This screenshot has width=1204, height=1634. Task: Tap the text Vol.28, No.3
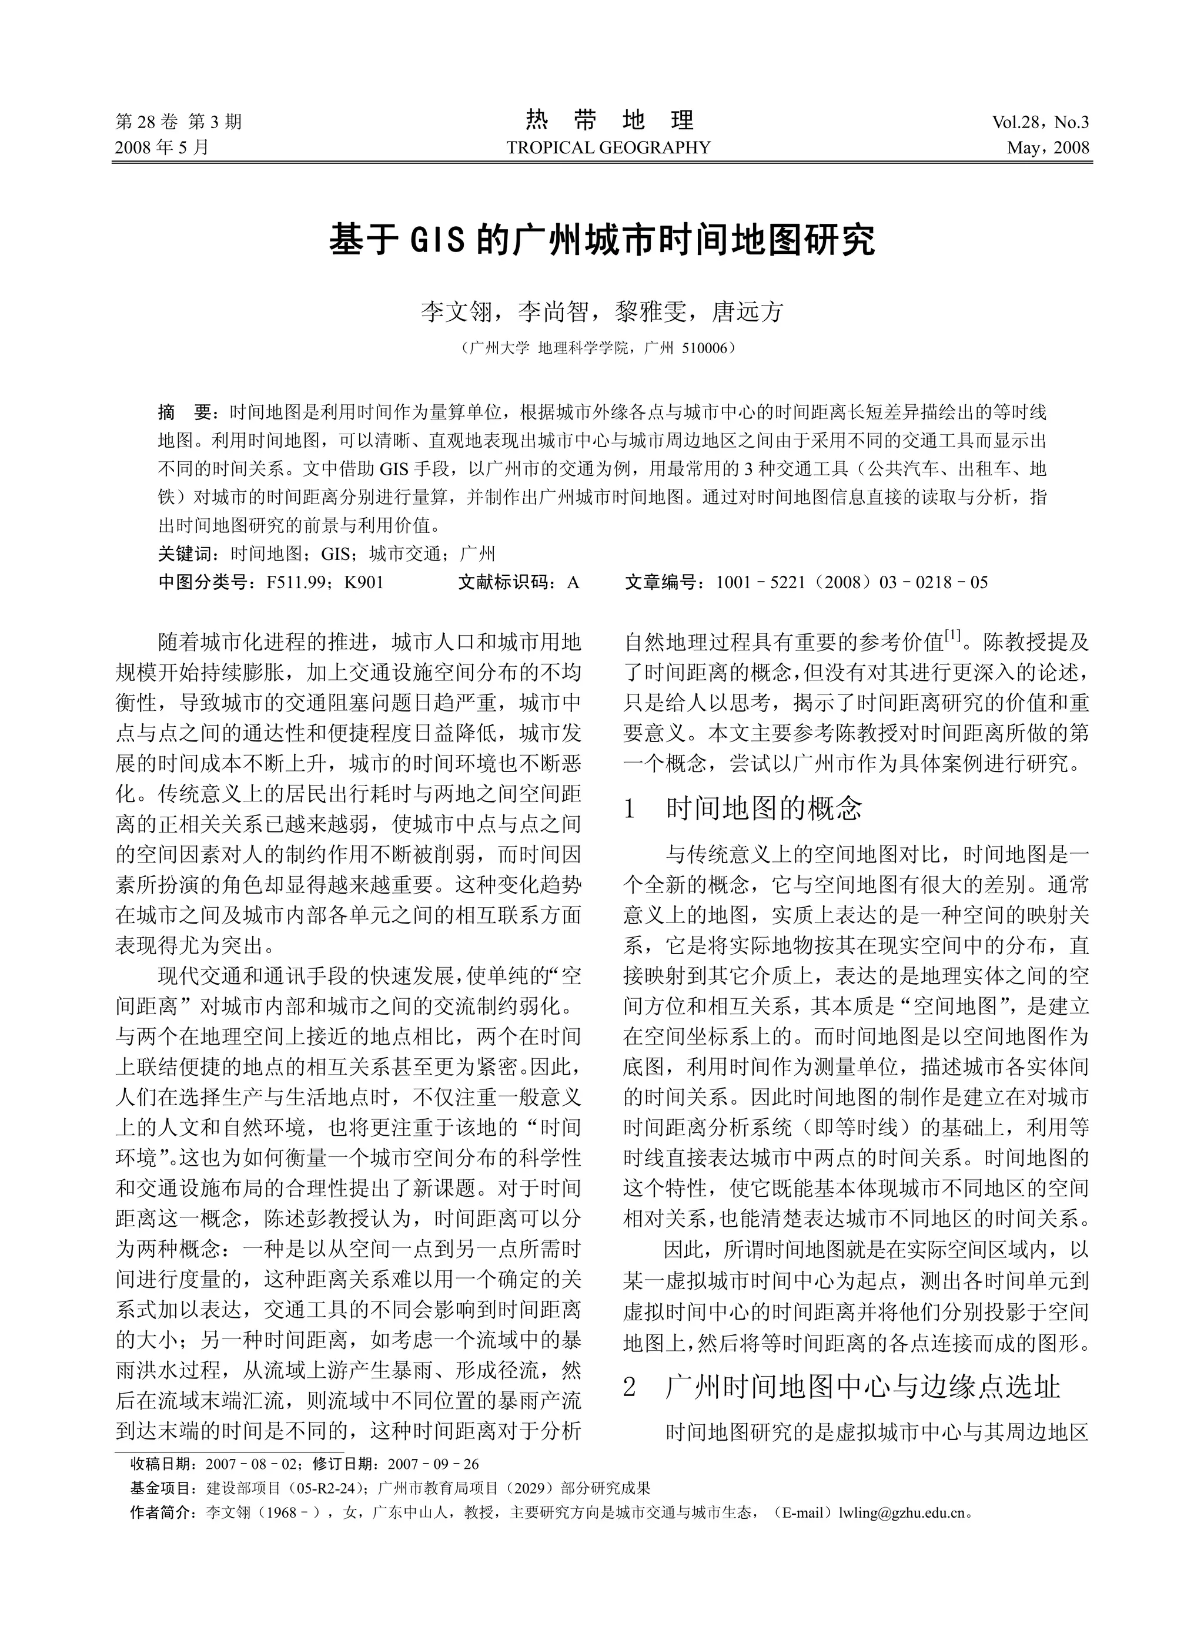tap(1040, 122)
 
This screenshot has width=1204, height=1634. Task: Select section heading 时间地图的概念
tap(764, 808)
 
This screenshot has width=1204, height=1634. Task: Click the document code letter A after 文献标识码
tap(573, 582)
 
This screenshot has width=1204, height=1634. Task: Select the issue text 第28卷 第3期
tap(179, 122)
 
